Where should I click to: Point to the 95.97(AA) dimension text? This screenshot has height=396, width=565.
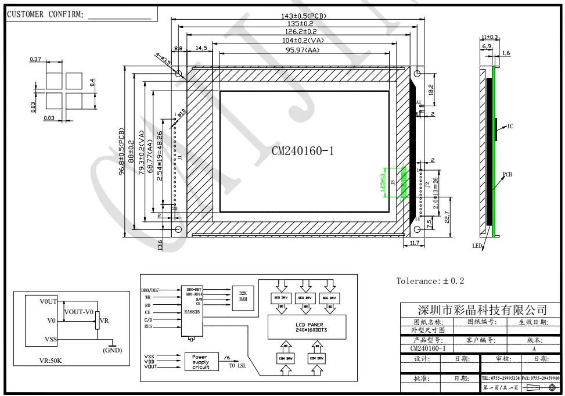[303, 51]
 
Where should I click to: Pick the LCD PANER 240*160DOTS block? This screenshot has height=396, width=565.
[304, 327]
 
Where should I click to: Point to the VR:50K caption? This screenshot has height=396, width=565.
[51, 361]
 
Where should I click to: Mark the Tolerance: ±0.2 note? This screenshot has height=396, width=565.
[431, 282]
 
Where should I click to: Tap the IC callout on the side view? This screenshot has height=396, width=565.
[510, 126]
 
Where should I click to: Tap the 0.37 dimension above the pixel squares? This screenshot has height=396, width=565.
[36, 60]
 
